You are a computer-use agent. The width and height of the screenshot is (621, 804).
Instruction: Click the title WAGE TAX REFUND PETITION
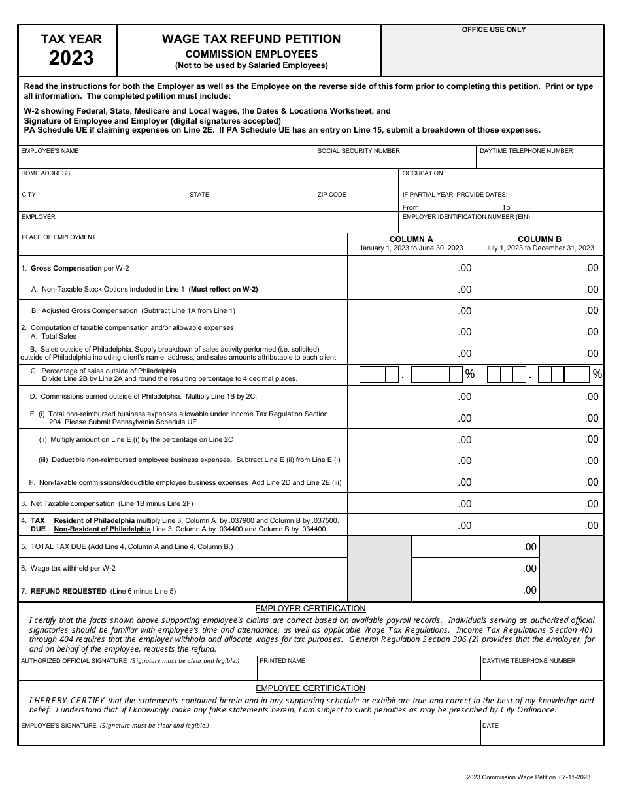251,39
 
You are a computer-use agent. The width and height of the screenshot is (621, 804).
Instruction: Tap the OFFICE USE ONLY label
494,30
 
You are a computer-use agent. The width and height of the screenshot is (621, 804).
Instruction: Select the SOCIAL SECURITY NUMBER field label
358,151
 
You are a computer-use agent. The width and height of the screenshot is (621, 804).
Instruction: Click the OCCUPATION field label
422,173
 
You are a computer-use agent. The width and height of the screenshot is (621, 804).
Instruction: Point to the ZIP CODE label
331,195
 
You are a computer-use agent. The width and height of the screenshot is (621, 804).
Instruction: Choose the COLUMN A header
411,239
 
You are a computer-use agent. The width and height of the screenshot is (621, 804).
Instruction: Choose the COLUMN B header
539,239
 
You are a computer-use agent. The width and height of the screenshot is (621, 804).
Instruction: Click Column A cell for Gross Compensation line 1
411,268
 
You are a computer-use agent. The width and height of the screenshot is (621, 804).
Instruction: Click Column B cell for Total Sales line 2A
539,332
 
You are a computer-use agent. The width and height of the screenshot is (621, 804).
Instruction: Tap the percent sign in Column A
469,375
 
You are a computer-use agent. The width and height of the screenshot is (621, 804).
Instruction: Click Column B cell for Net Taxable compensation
539,503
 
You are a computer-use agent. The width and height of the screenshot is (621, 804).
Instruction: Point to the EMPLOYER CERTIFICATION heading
310,609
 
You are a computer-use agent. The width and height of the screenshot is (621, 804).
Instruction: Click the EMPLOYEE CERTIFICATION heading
310,688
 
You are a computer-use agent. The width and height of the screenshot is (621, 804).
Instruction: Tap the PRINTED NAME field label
282,661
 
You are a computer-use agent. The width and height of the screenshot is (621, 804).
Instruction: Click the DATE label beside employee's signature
490,726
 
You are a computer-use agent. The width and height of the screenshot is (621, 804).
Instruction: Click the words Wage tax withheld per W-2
73,569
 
